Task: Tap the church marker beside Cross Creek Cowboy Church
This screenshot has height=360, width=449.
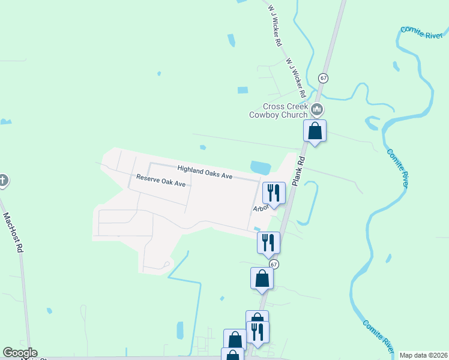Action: coord(318,110)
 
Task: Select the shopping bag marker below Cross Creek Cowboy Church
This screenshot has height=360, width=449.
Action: coord(315,131)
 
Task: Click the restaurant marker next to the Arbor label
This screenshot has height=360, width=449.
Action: coord(274,193)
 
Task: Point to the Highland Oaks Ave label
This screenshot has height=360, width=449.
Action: coord(205,172)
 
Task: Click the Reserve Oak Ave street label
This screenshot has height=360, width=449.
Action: coord(161,181)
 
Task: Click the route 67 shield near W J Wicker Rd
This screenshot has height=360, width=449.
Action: coord(324,78)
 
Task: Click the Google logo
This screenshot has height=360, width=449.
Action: coord(20,353)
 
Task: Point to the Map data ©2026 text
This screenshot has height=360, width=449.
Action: coord(423,355)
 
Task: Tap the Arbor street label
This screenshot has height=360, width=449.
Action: coord(260,208)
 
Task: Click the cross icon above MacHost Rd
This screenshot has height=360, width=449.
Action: coord(3,180)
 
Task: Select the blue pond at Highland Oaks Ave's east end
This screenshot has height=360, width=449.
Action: coord(261,167)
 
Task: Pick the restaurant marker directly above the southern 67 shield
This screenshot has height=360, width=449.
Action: coord(268,242)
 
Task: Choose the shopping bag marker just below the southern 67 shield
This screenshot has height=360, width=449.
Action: coord(262,278)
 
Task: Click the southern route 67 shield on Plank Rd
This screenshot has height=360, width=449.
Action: coord(274,265)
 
